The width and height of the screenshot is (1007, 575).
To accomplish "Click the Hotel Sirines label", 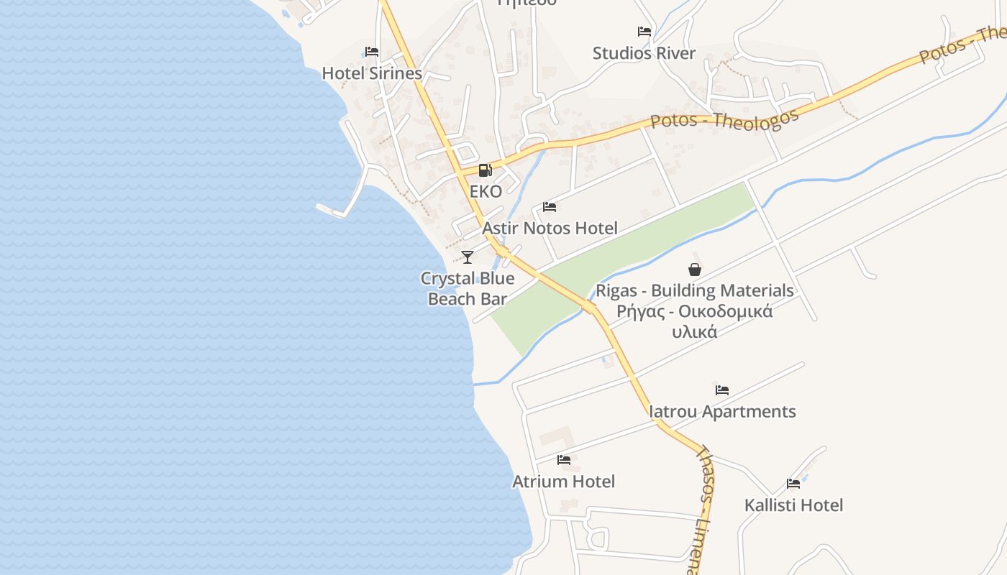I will pyautogui.click(x=372, y=73).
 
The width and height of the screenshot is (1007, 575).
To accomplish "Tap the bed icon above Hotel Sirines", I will pyautogui.click(x=372, y=52).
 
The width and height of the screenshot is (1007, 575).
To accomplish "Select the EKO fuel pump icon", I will pyautogui.click(x=486, y=170).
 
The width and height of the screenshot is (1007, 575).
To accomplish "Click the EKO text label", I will pyautogui.click(x=486, y=192).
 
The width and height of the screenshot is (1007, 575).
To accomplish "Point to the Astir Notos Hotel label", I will pyautogui.click(x=550, y=229).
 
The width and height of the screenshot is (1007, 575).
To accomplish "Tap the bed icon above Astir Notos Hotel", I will pyautogui.click(x=550, y=207).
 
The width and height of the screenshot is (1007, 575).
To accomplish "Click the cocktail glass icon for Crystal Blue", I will pyautogui.click(x=468, y=257).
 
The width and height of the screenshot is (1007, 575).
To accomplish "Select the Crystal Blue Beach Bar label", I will pyautogui.click(x=468, y=288).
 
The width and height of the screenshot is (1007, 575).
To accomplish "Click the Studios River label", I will pyautogui.click(x=644, y=53).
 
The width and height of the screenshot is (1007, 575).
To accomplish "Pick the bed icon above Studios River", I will pyautogui.click(x=644, y=32).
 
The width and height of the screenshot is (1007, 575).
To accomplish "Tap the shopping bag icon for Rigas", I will pyautogui.click(x=695, y=270).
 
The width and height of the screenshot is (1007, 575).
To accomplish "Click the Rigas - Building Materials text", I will pyautogui.click(x=695, y=291).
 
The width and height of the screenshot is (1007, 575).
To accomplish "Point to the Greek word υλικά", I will pyautogui.click(x=695, y=332).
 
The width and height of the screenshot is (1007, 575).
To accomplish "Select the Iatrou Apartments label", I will pyautogui.click(x=722, y=412).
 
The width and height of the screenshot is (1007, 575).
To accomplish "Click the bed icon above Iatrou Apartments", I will pyautogui.click(x=722, y=390).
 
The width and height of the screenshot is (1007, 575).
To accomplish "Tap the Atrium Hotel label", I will pyautogui.click(x=563, y=482).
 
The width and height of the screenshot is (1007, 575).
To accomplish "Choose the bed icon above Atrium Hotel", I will pyautogui.click(x=563, y=460).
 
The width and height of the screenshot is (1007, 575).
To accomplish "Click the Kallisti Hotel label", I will pyautogui.click(x=793, y=505).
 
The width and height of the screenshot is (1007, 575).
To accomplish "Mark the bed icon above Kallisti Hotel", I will pyautogui.click(x=793, y=484).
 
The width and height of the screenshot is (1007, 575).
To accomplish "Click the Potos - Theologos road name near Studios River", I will pyautogui.click(x=724, y=119).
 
